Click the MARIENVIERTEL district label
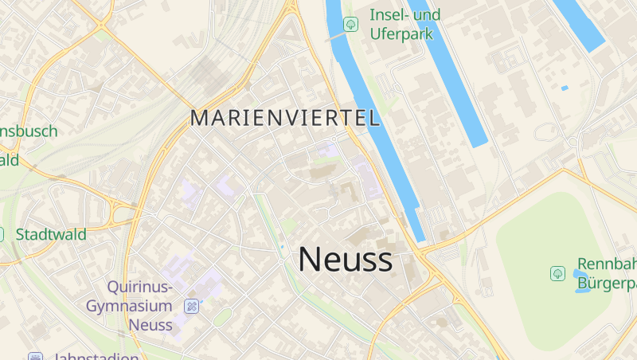pyautogui.click(x=285, y=119)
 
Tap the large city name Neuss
pyautogui.click(x=345, y=259)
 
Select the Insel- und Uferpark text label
pyautogui.click(x=404, y=24)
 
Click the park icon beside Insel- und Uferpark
pyautogui.click(x=350, y=25)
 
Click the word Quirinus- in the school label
pyautogui.click(x=139, y=287)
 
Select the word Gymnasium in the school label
pyautogui.click(x=129, y=306)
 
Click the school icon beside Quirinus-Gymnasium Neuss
pyautogui.click(x=191, y=306)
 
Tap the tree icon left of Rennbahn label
pyautogui.click(x=557, y=273)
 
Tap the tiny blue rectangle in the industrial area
pyautogui.click(x=565, y=88)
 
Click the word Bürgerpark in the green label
pyautogui.click(x=607, y=282)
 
